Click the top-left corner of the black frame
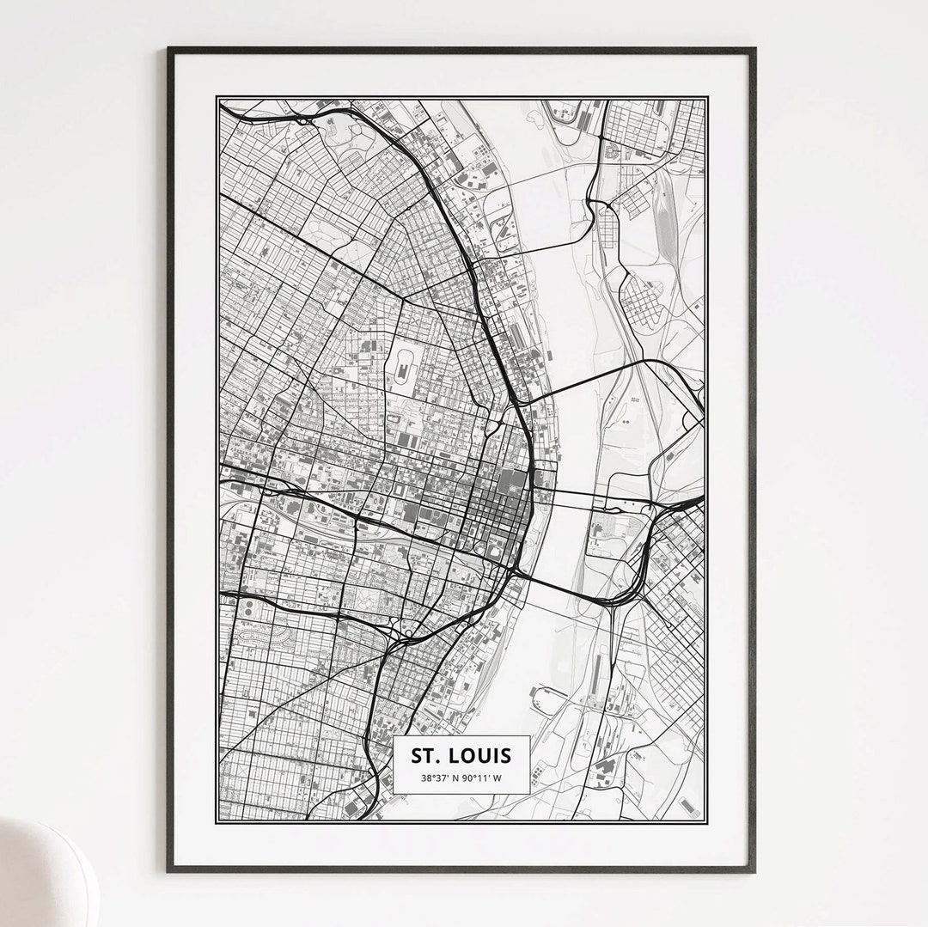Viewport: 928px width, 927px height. tap(169, 50)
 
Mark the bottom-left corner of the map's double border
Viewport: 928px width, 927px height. tap(218, 820)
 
